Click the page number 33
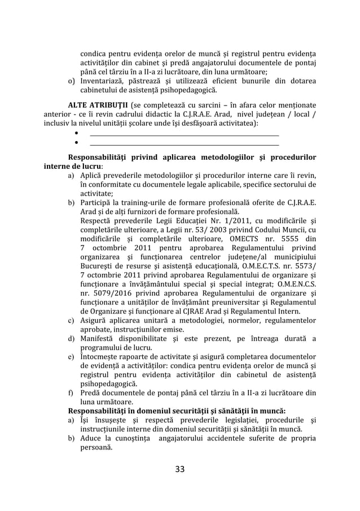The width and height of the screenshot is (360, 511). pyautogui.click(x=180, y=469)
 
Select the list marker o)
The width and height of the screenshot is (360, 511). pyautogui.click(x=72, y=81)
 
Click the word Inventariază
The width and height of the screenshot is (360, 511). pyautogui.click(x=103, y=81)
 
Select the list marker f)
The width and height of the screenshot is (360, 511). pyautogui.click(x=71, y=392)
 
